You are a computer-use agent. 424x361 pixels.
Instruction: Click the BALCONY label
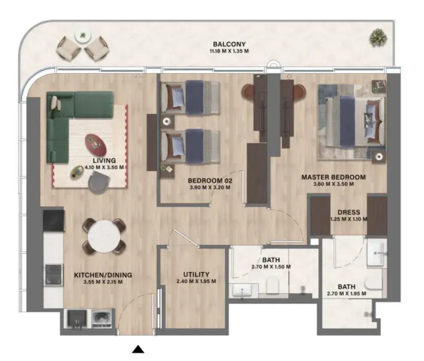(x=229, y=44)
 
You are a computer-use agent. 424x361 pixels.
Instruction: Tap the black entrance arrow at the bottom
(x=138, y=349)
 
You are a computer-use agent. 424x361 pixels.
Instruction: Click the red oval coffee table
(x=96, y=145)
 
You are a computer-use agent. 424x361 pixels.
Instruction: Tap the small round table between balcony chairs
(x=83, y=37)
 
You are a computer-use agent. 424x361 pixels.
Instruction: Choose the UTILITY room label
(x=196, y=274)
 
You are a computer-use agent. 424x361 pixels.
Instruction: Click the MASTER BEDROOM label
(x=333, y=177)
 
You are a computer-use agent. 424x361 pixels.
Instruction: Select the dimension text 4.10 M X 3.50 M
(x=104, y=167)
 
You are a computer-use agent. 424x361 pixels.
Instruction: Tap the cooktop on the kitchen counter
(x=54, y=275)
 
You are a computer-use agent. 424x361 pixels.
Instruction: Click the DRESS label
(x=349, y=212)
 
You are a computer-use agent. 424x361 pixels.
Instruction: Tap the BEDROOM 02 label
(x=210, y=180)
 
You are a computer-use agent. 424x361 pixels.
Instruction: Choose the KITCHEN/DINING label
(x=103, y=275)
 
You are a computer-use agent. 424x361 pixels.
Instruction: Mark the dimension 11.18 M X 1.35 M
(x=229, y=51)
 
